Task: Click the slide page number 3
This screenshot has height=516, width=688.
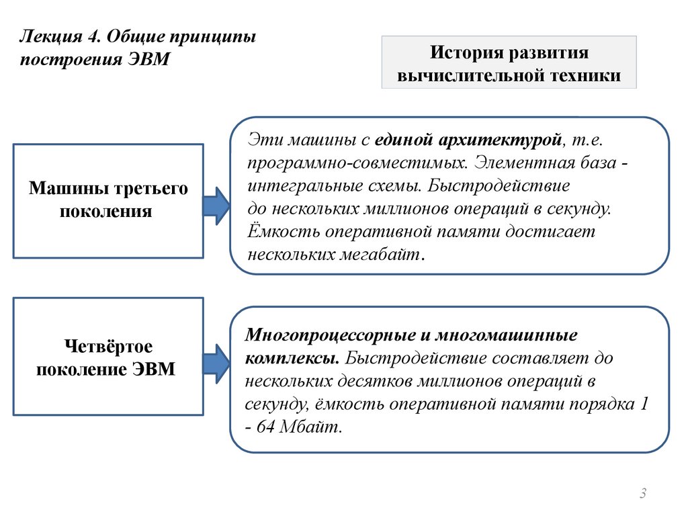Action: click(643, 495)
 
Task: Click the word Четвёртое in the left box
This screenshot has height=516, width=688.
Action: click(108, 347)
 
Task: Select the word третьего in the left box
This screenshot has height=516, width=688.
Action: click(153, 189)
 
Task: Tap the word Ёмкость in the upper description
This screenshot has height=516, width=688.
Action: click(283, 232)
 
